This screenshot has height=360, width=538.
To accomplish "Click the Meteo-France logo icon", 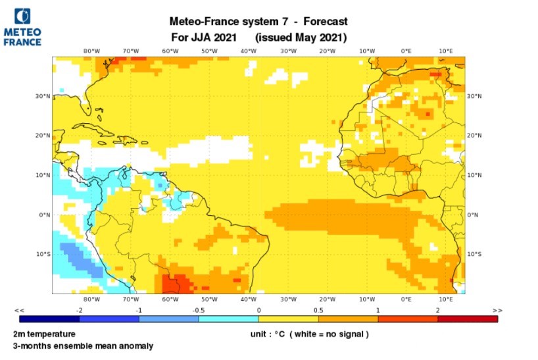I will point(22,16).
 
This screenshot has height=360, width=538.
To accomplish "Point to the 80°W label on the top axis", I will point(91,51).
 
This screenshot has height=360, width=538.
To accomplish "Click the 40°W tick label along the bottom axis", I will point(249,299).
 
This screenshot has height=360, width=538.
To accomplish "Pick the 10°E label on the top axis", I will point(446,51).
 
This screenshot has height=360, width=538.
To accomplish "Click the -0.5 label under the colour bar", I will point(199,310).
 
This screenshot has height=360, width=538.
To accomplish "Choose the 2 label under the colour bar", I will point(437,310).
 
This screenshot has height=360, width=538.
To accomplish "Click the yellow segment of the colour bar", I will point(288,319).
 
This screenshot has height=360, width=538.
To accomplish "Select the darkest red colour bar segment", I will point(467,319).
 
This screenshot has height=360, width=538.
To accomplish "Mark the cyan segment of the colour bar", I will point(228,319).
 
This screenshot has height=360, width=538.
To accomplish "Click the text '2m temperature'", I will point(43,334).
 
